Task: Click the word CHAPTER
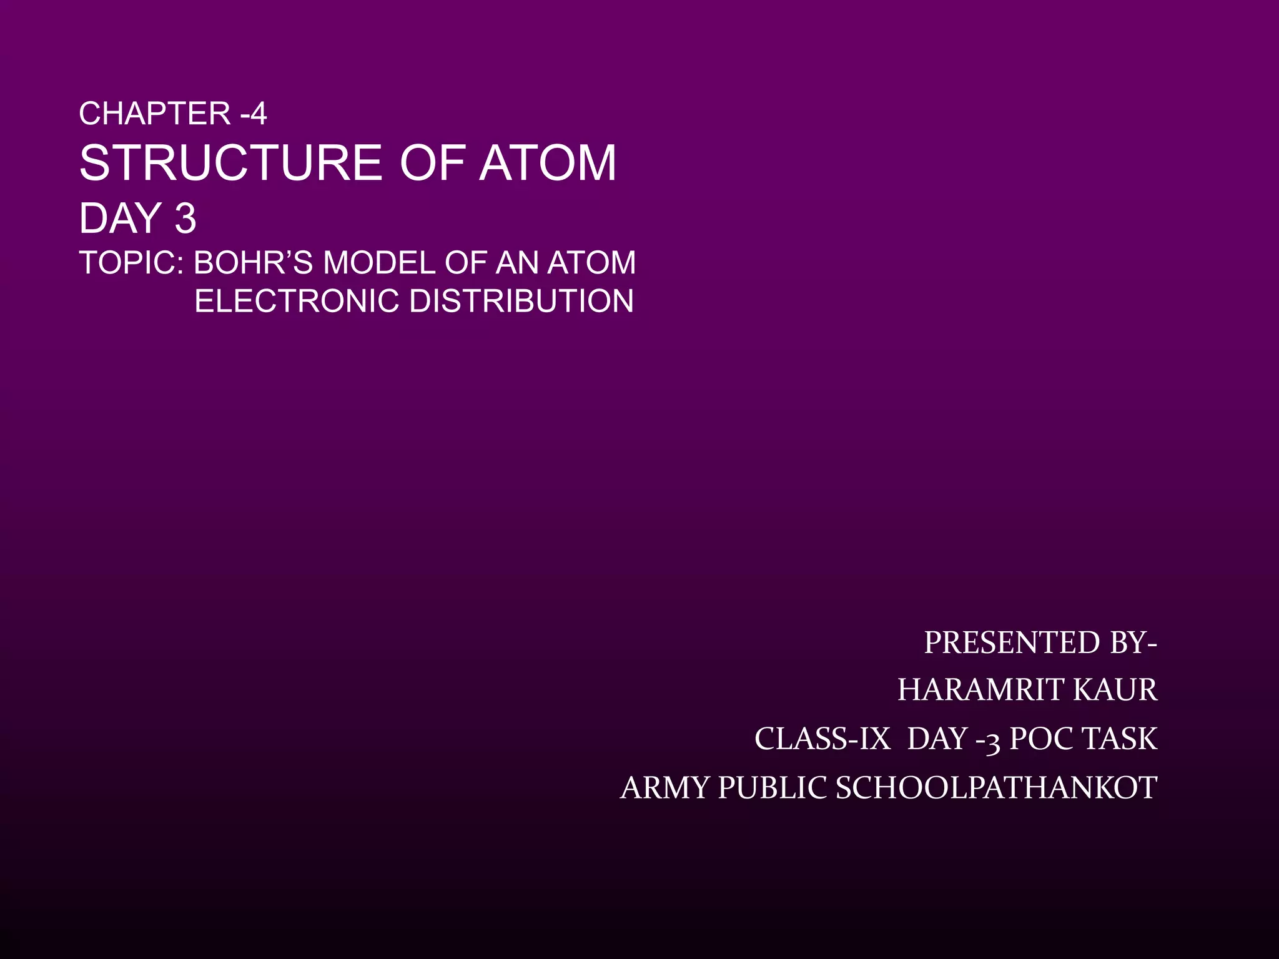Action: [155, 114]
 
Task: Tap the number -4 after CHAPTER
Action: [254, 114]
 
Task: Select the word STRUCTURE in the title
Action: [230, 163]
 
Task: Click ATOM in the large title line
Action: [548, 163]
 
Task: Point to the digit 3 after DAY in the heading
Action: [185, 219]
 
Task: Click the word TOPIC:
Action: [131, 263]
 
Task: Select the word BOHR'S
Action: [253, 263]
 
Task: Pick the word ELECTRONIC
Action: [297, 302]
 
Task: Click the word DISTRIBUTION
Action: [521, 302]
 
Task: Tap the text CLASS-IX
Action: [822, 739]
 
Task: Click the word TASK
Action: [1120, 739]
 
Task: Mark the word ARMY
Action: [664, 788]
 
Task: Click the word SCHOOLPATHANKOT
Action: [997, 788]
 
